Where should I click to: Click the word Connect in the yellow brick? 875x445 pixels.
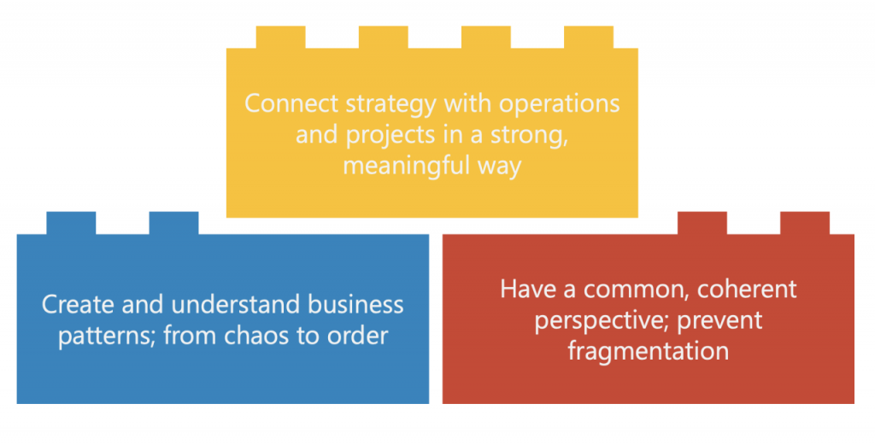pos(291,103)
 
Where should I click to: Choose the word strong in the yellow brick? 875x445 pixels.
pos(528,137)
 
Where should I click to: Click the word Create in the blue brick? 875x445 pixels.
pos(79,304)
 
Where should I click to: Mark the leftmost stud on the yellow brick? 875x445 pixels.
pos(280,38)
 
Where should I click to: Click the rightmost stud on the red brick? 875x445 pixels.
pos(805,223)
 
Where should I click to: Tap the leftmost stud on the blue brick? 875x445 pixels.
pos(71,223)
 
